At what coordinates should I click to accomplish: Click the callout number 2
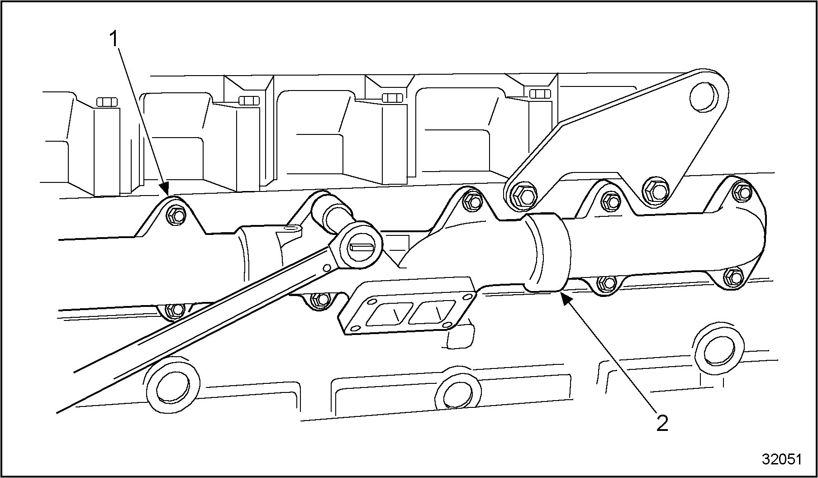(x=662, y=423)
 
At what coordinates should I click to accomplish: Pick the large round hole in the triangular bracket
(x=704, y=97)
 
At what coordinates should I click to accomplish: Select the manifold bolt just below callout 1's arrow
(x=176, y=215)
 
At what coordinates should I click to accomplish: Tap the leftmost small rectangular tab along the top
(x=107, y=101)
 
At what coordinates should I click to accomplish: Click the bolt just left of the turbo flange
(x=322, y=299)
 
